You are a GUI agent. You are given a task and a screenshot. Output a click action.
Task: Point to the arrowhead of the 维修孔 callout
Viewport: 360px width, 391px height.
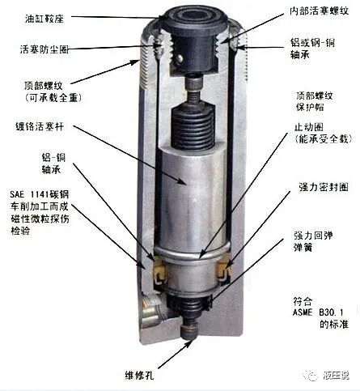click(179, 345)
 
